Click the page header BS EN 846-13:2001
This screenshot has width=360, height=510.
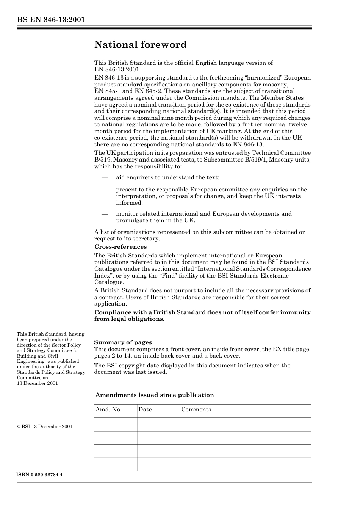(x=50, y=20)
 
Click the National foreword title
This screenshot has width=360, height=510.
(x=140, y=45)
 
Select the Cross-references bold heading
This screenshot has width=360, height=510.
(x=120, y=247)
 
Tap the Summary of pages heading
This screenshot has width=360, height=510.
(x=123, y=342)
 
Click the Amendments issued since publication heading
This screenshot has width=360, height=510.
(x=154, y=395)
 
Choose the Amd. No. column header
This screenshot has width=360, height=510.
(x=108, y=410)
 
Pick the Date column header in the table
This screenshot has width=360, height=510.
(x=145, y=410)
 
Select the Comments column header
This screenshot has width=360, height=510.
(x=196, y=410)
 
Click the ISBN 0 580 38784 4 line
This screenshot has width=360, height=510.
(x=39, y=475)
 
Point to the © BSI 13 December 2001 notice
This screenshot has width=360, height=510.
(x=44, y=427)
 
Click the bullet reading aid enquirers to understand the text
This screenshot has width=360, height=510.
(x=167, y=177)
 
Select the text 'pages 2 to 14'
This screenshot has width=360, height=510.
(x=112, y=356)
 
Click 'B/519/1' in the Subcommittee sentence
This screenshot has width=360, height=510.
(x=256, y=160)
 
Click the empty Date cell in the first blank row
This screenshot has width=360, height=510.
(x=158, y=424)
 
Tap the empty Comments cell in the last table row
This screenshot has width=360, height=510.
(x=245, y=464)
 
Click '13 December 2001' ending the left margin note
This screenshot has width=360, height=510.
(x=37, y=383)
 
